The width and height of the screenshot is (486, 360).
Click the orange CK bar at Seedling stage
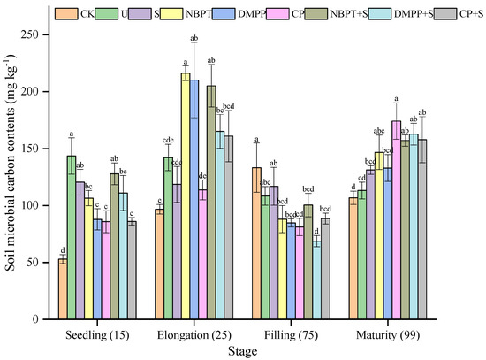coord(64,288)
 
